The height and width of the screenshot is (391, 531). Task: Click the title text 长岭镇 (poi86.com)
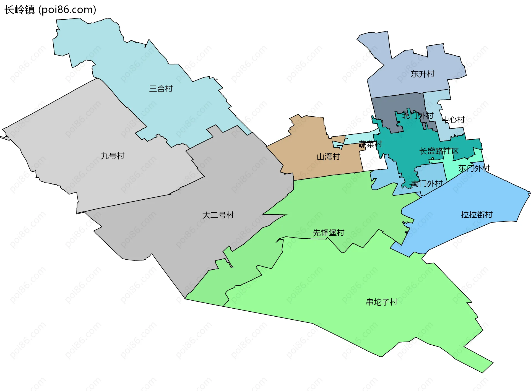pos(50,10)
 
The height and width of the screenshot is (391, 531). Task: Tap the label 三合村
pos(161,89)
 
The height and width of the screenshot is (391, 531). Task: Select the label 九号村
pos(113,156)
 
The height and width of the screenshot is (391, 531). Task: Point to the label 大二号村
pos(218,215)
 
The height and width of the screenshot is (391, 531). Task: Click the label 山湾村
pos(328,157)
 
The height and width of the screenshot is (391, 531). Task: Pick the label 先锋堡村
pos(328,233)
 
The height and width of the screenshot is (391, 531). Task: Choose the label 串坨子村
pos(381,302)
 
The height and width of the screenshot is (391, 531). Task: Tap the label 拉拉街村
pos(477,215)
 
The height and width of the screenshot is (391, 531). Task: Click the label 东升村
pos(422,74)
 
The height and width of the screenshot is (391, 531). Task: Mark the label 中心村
pos(453,120)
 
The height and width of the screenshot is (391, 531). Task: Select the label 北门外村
pos(418,116)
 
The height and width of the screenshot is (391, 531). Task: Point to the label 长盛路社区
pos(439,151)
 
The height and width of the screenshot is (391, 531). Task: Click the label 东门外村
pos(473,168)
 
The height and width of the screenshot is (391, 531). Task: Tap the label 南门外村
pos(427,183)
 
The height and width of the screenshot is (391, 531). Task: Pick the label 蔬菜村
pos(370,144)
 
